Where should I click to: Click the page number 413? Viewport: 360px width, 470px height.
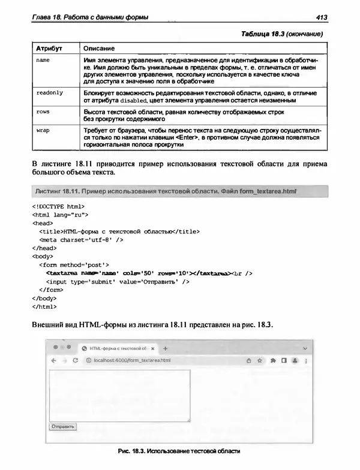pos(317,17)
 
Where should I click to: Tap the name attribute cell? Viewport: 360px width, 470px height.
pos(43,61)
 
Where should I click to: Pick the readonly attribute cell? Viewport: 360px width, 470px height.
pos(49,93)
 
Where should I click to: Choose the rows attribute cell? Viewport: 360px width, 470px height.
pos(43,112)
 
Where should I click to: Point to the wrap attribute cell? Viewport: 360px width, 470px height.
pos(43,130)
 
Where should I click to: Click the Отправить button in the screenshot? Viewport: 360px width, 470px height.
pos(63,427)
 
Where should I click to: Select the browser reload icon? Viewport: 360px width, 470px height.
pos(76,361)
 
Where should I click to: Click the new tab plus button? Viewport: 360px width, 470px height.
pos(166,348)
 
